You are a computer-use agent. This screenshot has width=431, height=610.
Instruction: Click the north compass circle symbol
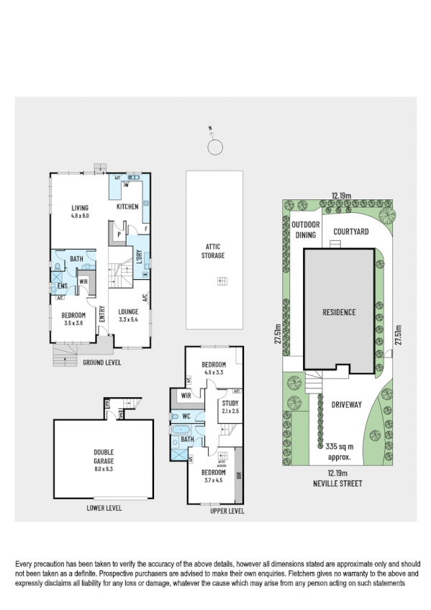214,148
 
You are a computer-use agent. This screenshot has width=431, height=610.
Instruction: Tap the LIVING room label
79,207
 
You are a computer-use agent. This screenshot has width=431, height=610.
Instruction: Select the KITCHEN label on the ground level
127,207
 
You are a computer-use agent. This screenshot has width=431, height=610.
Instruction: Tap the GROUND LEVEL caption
101,363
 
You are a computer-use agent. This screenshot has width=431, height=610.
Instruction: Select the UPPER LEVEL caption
227,511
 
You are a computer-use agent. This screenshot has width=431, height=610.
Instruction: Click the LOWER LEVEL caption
104,508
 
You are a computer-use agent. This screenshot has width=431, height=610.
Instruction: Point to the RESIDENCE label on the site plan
338,312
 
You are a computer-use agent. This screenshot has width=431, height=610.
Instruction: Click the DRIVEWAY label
346,405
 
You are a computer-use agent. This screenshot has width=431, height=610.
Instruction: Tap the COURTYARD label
351,232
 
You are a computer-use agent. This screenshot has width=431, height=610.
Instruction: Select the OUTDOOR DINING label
306,229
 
